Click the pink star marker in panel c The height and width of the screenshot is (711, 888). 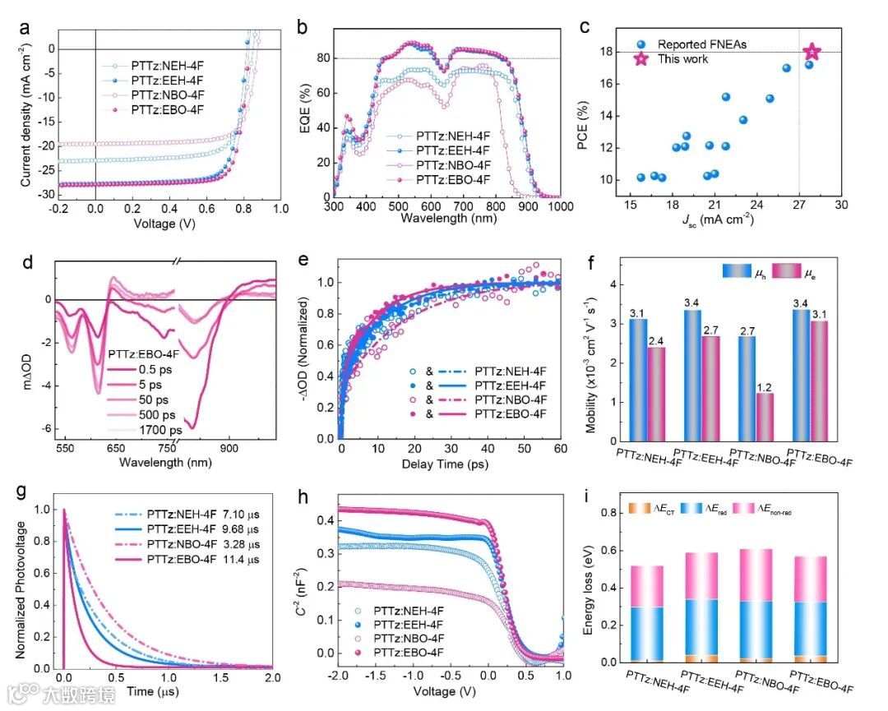coord(812,52)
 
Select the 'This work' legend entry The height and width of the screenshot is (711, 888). coord(683,60)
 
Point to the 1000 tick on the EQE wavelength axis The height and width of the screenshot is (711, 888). coord(560,207)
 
